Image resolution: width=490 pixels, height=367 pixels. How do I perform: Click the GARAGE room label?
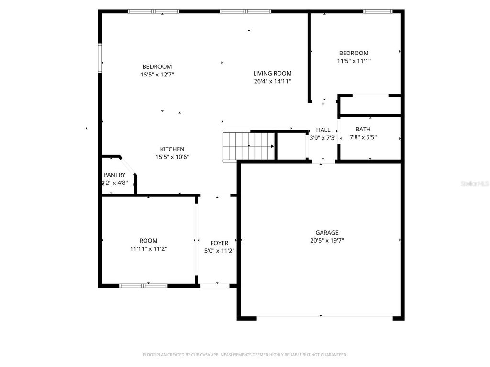point(327,233)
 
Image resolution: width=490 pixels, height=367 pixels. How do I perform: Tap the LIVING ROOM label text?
point(272,73)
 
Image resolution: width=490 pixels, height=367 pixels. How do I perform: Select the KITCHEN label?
point(172,149)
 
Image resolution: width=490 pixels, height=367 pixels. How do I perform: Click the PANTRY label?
point(114,175)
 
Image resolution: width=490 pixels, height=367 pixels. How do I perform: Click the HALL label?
point(323,130)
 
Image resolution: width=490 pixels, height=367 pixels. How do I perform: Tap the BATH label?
point(363,129)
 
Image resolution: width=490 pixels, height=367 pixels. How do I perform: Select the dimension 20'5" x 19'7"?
point(327,241)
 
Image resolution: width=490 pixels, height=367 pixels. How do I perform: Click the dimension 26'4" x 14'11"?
point(272,81)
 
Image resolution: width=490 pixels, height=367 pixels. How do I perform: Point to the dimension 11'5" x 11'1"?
point(354,61)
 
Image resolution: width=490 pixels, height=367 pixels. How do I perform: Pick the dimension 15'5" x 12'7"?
point(157,75)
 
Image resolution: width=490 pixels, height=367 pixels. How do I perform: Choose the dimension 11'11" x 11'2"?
point(148,248)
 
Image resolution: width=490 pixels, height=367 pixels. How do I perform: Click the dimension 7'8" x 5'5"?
point(363,137)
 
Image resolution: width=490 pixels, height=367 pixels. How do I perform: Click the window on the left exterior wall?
point(100,58)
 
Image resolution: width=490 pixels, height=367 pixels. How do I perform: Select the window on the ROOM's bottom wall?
point(143,286)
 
